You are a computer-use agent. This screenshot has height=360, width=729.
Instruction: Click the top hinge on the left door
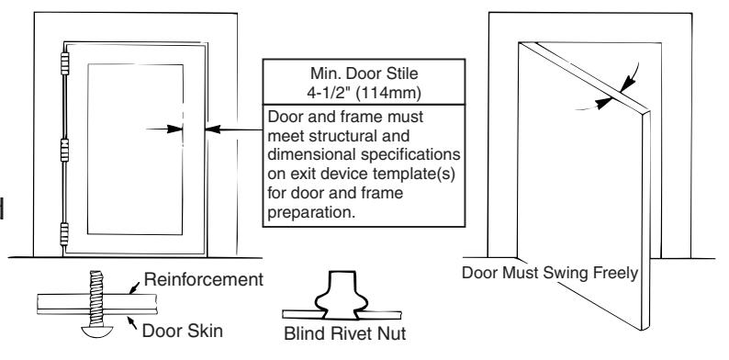64,63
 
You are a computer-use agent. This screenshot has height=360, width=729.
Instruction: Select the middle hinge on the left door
64,150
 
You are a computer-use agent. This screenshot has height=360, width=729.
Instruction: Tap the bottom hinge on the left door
64,234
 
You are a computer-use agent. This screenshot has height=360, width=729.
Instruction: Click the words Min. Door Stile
364,73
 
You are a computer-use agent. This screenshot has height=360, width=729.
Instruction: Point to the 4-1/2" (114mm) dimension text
364,93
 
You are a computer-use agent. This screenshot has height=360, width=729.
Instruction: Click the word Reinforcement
204,279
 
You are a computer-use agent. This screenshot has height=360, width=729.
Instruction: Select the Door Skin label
182,332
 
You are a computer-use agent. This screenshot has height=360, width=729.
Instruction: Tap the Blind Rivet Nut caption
345,333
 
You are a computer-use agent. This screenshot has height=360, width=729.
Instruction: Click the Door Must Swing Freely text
550,273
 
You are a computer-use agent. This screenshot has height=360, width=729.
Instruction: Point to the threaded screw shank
96,298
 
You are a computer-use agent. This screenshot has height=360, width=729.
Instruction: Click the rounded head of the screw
96,332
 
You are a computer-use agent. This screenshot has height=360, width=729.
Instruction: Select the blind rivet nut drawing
342,296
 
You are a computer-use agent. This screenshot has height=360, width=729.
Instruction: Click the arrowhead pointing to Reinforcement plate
133,290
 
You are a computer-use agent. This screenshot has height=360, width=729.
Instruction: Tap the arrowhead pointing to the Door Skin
130,320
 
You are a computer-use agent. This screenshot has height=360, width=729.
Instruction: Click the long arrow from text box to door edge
234,129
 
